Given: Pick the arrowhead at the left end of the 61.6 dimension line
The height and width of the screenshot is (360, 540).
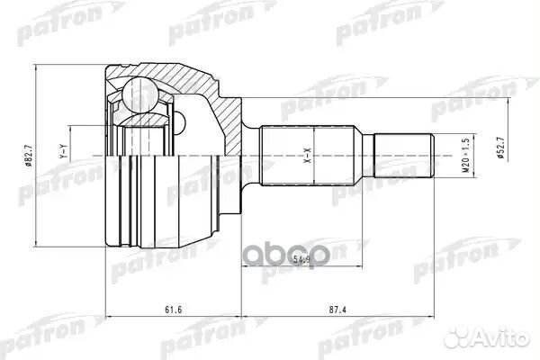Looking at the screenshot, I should coord(109,317).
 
